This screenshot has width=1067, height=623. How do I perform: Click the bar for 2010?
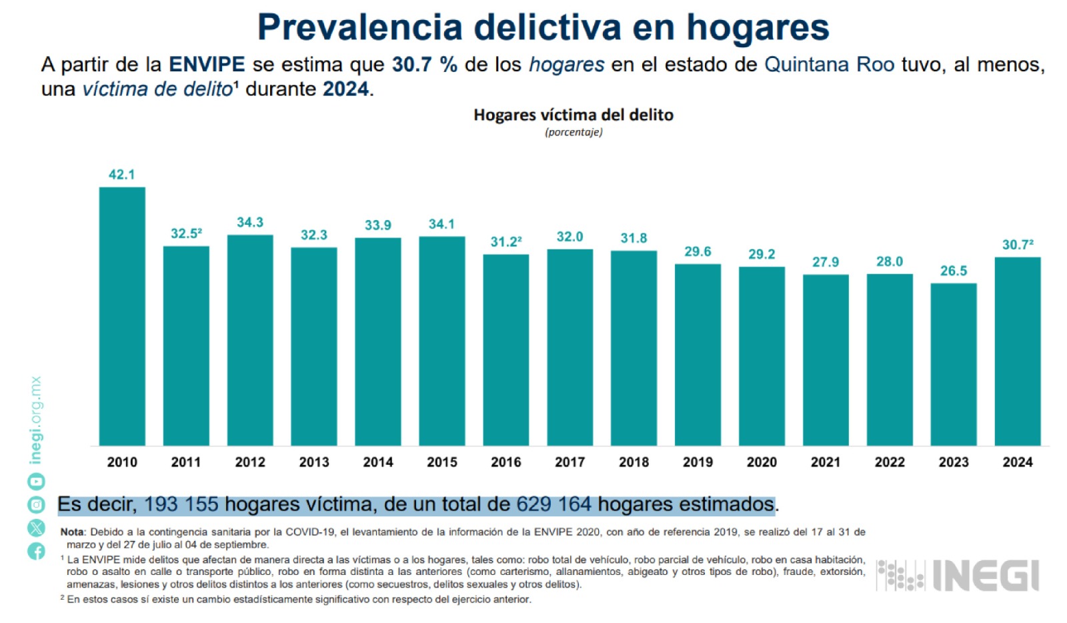point(122,316)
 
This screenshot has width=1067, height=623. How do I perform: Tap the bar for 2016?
point(506,350)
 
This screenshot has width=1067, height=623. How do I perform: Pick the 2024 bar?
point(1018,352)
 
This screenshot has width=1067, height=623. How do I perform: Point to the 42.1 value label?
point(122,175)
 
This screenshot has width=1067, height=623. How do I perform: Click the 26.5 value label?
point(954,271)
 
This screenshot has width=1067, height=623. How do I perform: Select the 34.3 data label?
point(250,222)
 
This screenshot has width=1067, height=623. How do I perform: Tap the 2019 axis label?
point(698,462)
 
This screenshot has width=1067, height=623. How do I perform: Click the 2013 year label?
point(314,462)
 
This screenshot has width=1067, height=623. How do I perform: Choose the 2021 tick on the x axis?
point(826,462)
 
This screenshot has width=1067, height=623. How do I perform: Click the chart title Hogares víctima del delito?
point(574,115)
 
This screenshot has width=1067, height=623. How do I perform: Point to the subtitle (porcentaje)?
point(574,132)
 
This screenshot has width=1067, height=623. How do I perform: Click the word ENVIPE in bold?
point(207,65)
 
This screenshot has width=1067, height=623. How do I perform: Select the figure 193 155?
point(181,504)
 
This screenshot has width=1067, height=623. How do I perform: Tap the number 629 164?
point(554,504)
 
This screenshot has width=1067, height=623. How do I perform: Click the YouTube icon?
point(36,482)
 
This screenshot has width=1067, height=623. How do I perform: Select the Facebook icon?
point(36,551)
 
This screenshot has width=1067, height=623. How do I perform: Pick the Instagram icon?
point(36,505)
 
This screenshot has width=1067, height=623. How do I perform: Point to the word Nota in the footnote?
point(73,532)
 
